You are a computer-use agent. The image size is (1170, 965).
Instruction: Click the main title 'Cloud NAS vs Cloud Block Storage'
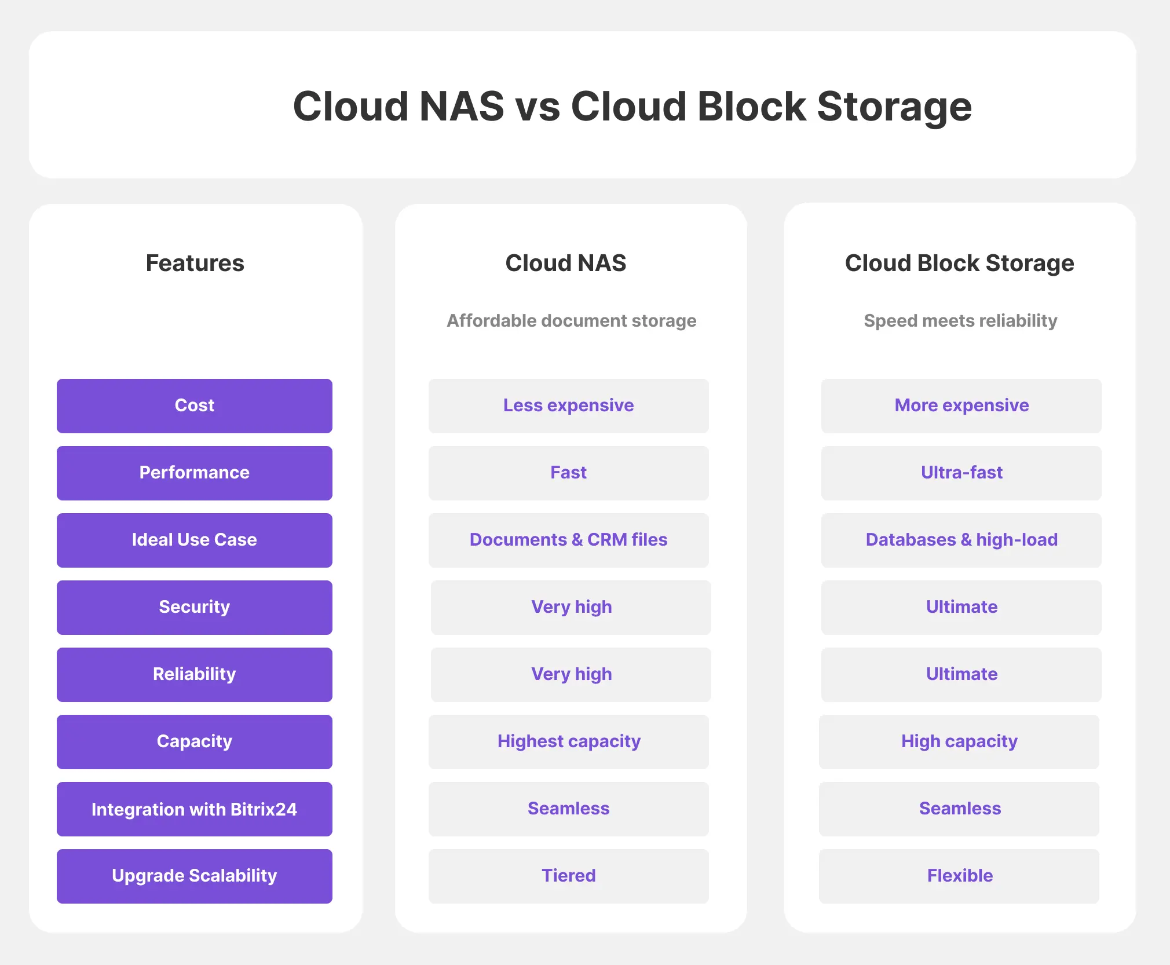tap(632, 107)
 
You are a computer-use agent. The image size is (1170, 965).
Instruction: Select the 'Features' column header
tap(195, 263)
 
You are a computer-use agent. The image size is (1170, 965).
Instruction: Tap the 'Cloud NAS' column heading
tap(566, 263)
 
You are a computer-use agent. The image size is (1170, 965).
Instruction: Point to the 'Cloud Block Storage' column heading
tap(960, 263)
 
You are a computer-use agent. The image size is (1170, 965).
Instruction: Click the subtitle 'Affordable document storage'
tap(572, 320)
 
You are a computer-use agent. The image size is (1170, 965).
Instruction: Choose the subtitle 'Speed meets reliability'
tap(960, 320)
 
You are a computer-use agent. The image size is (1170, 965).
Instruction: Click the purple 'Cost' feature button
tap(195, 405)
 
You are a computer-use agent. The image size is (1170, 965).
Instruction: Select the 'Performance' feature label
tap(195, 473)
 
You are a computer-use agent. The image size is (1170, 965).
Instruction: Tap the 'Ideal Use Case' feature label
tap(195, 540)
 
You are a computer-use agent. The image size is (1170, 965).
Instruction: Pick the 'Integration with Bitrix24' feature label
tap(195, 809)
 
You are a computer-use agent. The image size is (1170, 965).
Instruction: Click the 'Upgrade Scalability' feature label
tap(195, 876)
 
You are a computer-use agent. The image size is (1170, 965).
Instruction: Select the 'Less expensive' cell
tap(569, 405)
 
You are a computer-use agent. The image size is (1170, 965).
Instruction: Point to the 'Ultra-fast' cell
tap(961, 473)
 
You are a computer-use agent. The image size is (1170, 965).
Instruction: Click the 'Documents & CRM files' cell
tap(569, 540)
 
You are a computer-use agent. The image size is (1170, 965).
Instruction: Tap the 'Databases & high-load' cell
tap(961, 540)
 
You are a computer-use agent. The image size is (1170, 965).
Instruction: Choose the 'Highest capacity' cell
tap(569, 741)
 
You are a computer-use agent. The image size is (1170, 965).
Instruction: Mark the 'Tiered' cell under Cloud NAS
tap(569, 876)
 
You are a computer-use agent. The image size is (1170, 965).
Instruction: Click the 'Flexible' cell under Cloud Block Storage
tap(959, 876)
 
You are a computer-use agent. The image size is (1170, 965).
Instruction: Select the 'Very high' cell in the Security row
tap(571, 607)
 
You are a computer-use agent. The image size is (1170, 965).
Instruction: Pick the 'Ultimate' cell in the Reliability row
tap(961, 674)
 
